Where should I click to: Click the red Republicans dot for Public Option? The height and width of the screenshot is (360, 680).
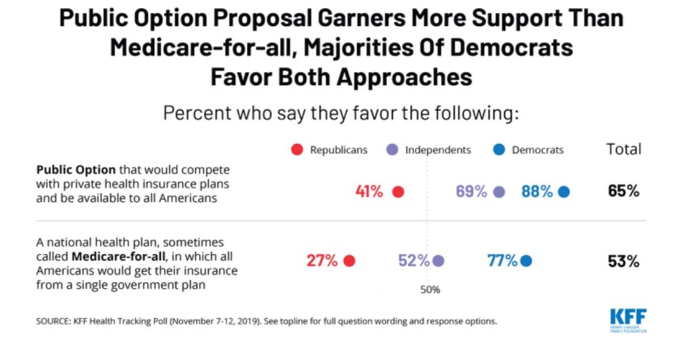[397, 192]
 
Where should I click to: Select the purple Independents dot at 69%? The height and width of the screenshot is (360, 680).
[499, 192]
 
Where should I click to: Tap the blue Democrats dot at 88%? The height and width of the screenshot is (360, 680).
[563, 192]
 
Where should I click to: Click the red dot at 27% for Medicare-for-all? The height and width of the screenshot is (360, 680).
[349, 260]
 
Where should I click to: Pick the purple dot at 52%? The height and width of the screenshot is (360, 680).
[438, 260]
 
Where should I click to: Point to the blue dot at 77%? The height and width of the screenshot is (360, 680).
[526, 260]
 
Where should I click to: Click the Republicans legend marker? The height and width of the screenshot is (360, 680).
[296, 150]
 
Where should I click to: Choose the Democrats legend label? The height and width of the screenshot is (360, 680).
[538, 150]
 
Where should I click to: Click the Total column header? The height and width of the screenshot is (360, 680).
[623, 149]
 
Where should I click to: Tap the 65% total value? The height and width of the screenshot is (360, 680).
[623, 192]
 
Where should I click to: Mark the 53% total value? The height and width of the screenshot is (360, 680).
[623, 260]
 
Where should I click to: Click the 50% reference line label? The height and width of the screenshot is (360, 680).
[429, 289]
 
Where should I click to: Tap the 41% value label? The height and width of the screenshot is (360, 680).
[369, 192]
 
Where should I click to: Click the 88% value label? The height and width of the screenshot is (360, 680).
[537, 192]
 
